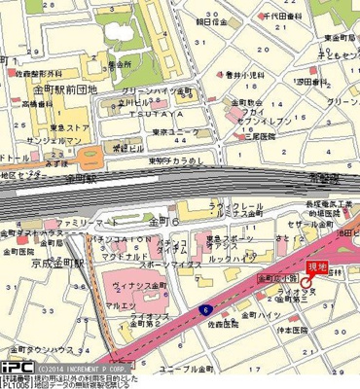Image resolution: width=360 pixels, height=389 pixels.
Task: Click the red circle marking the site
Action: click(x=305, y=280)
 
